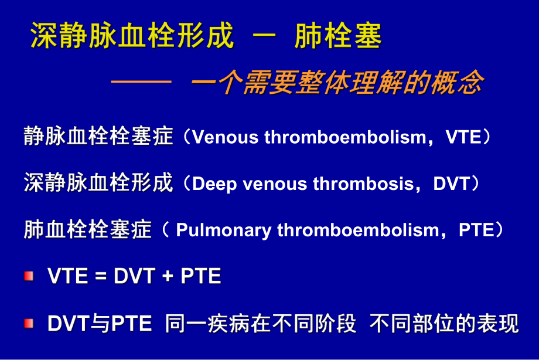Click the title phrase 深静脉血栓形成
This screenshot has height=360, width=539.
(132, 36)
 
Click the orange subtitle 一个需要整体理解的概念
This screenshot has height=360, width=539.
(337, 83)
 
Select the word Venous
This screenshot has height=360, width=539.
(226, 137)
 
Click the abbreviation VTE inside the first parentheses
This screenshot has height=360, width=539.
(463, 137)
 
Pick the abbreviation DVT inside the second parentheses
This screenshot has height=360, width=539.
(452, 184)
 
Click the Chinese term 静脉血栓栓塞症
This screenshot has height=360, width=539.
(98, 137)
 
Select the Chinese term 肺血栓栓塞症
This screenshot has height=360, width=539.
(88, 230)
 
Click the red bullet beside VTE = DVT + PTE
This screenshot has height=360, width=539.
(29, 276)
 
